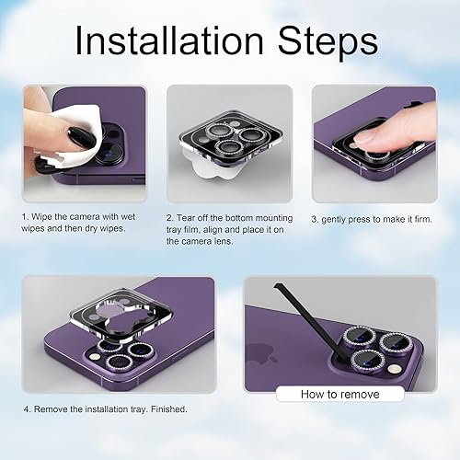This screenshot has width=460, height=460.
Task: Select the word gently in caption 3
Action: click(x=341, y=219)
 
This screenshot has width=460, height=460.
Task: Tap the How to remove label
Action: click(x=340, y=394)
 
